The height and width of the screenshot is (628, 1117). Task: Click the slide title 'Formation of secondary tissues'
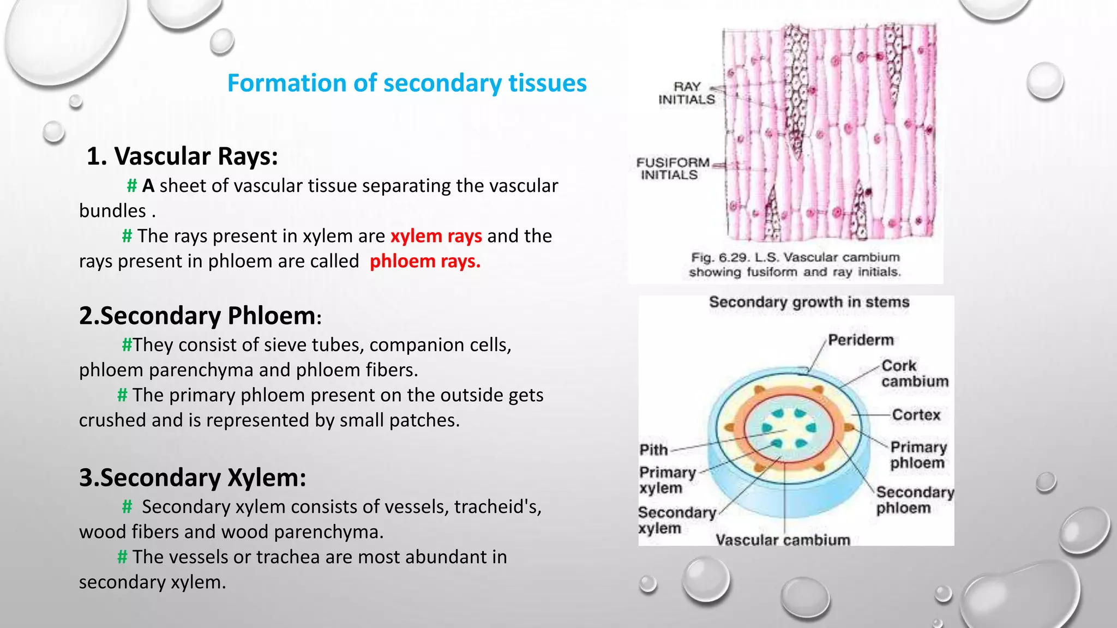coord(406,83)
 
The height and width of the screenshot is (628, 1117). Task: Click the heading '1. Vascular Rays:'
coord(182,156)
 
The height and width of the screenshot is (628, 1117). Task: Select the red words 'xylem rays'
coord(436,236)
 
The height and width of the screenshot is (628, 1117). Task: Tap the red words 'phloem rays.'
coord(425,261)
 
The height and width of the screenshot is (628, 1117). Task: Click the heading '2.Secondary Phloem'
coord(197,316)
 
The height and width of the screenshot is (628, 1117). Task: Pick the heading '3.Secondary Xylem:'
coord(192,478)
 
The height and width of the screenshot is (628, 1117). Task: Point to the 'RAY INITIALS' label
coord(686,93)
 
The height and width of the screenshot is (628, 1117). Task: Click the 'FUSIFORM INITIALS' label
coord(672,168)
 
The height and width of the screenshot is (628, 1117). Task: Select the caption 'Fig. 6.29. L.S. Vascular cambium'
coord(795,257)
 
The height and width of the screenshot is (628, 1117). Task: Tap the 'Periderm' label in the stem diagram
coord(860,340)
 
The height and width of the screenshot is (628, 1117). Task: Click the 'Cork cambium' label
coord(914,373)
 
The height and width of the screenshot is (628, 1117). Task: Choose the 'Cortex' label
coord(916,415)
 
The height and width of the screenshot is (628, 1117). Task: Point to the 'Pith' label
coord(653,450)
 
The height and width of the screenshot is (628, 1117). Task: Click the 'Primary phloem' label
coord(918,455)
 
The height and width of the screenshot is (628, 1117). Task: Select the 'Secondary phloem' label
coord(915,500)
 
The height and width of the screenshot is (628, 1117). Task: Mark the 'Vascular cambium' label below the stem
coord(783,540)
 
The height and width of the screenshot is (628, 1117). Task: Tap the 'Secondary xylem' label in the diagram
coord(676,520)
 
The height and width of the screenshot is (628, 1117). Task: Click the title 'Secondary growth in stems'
coord(809,302)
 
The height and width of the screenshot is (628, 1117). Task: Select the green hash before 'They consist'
coord(127,345)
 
